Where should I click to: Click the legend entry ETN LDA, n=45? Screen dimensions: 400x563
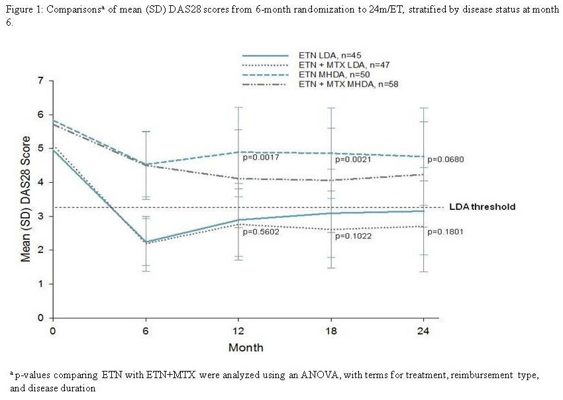point(329,56)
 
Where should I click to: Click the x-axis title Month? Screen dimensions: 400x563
point(246,347)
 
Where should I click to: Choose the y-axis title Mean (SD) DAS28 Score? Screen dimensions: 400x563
point(26,199)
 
